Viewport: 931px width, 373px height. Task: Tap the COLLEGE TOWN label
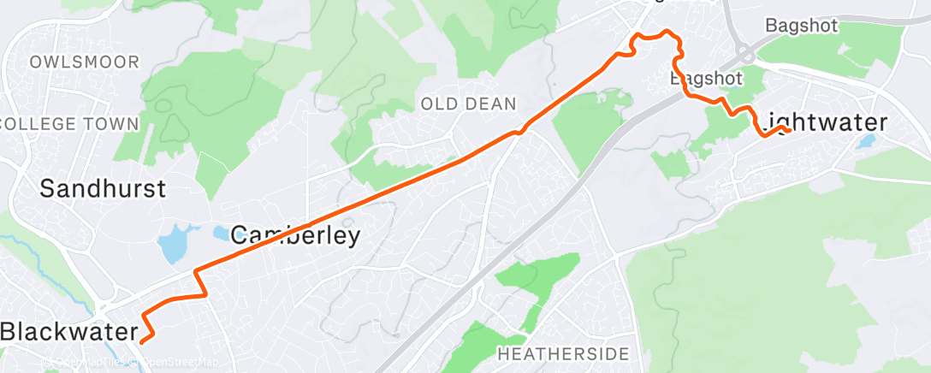pos(70,124)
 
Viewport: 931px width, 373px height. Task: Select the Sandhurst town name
pos(103,188)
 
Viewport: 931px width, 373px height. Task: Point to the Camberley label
pos(295,235)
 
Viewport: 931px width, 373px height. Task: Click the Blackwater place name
pos(68,332)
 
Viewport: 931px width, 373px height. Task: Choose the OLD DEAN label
pos(468,104)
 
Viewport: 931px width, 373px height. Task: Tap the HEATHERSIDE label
pos(563,353)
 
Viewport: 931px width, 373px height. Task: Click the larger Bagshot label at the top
pos(801,26)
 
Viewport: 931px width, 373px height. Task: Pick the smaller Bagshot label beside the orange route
pos(704,79)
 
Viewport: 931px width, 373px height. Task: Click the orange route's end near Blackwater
pos(140,341)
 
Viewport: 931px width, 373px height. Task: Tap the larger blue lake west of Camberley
pos(172,244)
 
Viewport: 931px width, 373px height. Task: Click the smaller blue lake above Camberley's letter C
pos(219,233)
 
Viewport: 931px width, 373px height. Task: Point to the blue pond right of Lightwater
pos(866,141)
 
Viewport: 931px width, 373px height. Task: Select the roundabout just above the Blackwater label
pos(104,308)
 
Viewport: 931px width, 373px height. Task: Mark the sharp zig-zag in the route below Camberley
pos(201,282)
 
